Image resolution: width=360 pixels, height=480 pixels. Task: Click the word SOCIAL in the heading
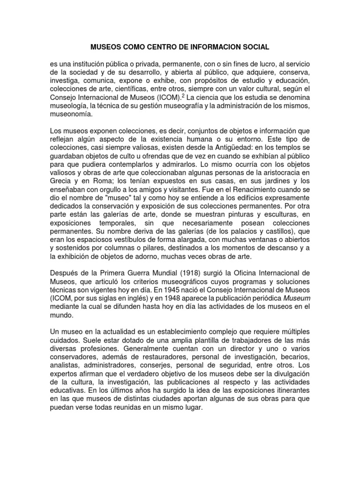[x=255, y=47]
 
